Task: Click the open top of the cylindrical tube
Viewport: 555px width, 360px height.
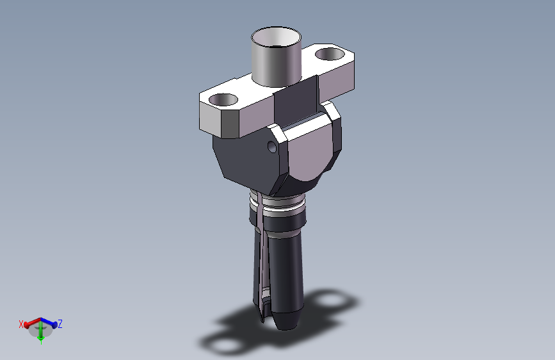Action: (276, 37)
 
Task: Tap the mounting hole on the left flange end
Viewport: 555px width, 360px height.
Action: (223, 99)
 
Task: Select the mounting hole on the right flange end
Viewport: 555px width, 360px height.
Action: (330, 54)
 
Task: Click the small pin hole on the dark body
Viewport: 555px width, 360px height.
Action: (272, 146)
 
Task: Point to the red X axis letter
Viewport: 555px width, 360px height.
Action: (21, 324)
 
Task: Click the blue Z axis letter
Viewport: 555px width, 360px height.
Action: (60, 324)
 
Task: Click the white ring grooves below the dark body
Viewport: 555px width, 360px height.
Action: (278, 204)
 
